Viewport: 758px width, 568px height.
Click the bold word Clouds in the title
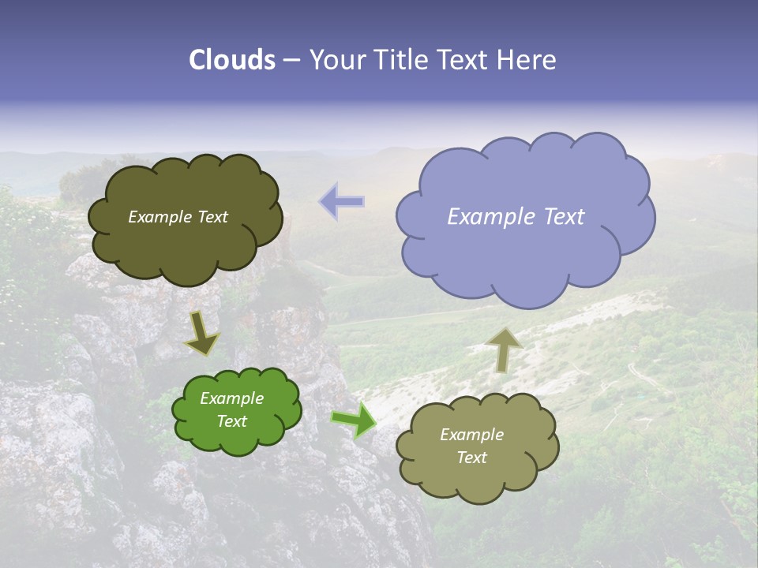232,60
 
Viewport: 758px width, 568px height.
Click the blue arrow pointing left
343,201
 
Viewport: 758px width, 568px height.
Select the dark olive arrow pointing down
201,332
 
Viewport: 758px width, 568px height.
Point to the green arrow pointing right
354,420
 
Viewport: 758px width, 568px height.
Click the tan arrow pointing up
504,349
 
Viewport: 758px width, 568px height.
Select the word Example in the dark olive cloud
159,217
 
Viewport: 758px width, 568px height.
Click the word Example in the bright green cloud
232,398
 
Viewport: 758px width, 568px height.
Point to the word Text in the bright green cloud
232,421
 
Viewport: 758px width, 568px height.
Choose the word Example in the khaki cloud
471,435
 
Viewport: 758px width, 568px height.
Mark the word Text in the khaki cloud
471,458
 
